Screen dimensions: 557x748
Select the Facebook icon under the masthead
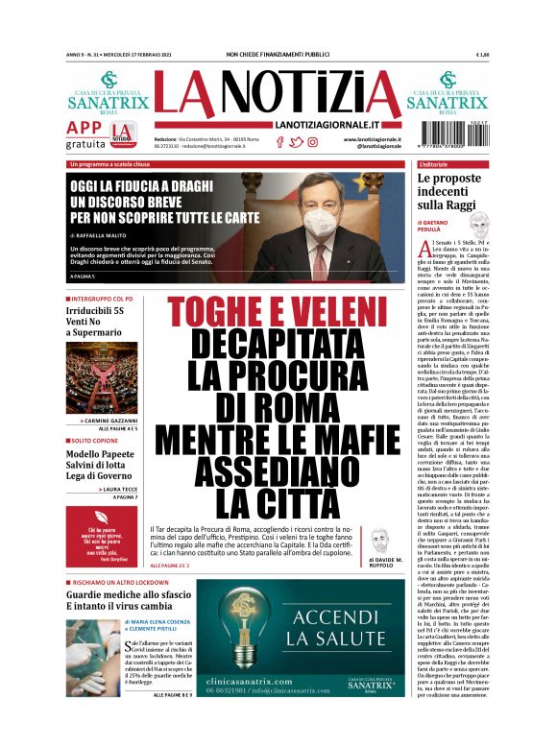click(x=280, y=142)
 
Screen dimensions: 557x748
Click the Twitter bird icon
click(x=296, y=142)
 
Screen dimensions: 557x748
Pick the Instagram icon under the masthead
click(x=312, y=142)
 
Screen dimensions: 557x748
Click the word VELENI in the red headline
click(x=318, y=314)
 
